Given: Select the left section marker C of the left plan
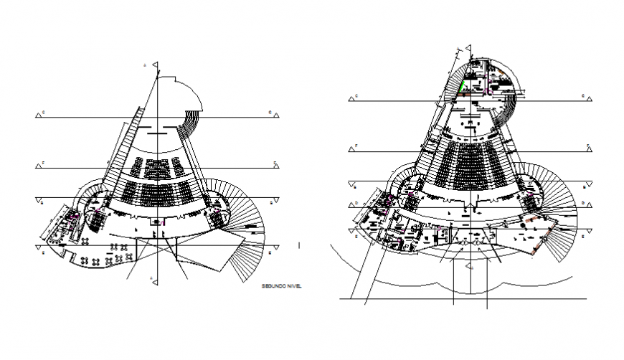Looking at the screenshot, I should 37,114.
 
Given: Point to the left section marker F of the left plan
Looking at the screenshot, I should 37,166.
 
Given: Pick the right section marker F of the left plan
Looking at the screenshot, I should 275,166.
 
